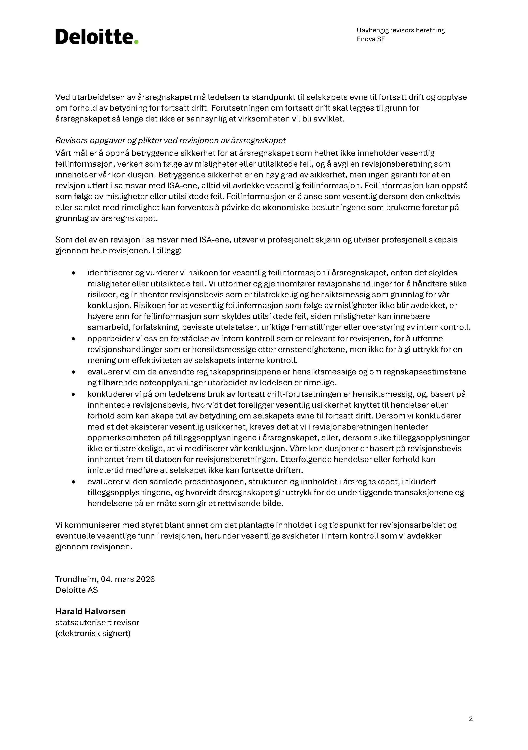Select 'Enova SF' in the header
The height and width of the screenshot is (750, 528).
[x=371, y=39]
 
